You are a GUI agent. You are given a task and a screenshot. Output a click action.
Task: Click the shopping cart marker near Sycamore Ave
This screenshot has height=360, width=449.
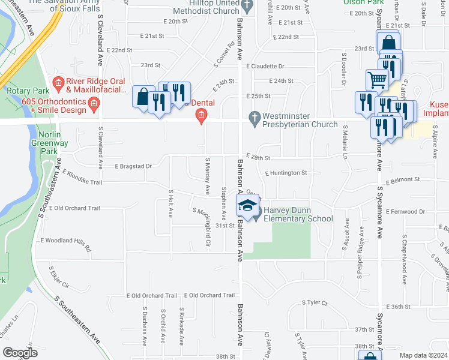tap(377, 78)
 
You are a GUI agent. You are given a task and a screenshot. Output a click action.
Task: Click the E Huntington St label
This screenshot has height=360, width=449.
tap(286, 173)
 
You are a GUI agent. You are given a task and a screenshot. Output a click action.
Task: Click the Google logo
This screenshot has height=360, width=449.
tap(20, 353)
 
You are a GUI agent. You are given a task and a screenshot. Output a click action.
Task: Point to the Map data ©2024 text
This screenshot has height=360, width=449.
tap(423, 355)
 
